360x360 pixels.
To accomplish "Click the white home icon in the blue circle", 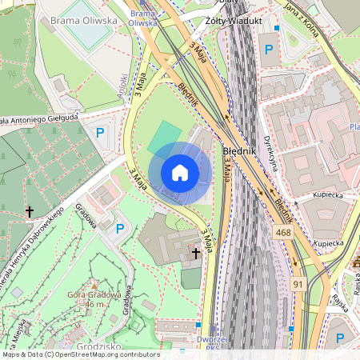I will tap(180, 173).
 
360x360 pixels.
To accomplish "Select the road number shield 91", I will tap(298, 284).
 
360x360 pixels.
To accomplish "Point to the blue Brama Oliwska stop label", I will tap(142, 18).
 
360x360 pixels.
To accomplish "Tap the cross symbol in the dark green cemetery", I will tap(30, 212).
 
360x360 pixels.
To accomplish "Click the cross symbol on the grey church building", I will tap(196, 254).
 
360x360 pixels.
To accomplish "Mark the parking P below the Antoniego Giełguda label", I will tap(101, 133).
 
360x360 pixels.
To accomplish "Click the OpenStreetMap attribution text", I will tap(80, 354).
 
